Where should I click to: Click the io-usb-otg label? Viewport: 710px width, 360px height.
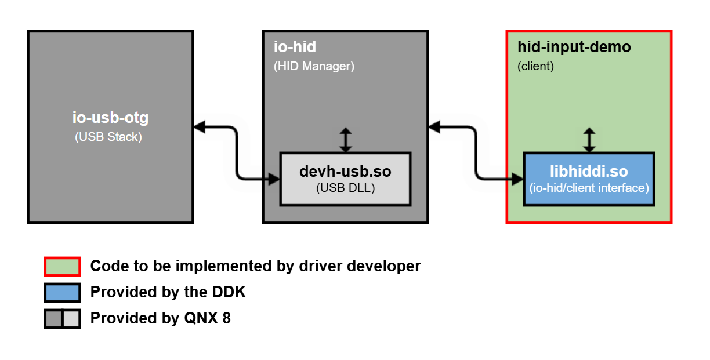(x=110, y=118)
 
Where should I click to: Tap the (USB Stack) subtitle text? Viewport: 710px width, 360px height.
(x=108, y=137)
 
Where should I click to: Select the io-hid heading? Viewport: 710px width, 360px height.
(x=295, y=46)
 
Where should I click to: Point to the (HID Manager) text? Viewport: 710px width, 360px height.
(x=314, y=66)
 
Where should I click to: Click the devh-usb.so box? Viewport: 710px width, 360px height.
(x=345, y=179)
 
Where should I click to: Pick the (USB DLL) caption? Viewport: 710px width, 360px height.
(x=345, y=188)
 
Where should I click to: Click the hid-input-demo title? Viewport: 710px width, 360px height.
(x=574, y=46)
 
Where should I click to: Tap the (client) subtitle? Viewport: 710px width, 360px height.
(x=535, y=66)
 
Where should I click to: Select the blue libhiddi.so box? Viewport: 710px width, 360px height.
(x=589, y=179)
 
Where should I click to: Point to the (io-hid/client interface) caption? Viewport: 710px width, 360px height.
(x=589, y=188)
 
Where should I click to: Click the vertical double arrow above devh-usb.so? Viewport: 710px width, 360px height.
(x=346, y=140)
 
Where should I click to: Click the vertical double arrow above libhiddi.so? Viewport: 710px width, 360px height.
(x=589, y=140)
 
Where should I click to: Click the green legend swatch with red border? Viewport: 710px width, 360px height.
(x=62, y=266)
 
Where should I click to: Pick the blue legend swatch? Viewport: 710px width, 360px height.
(x=62, y=292)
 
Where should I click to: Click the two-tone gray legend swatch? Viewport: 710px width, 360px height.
(x=62, y=318)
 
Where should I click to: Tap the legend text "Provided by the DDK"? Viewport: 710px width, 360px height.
(x=168, y=292)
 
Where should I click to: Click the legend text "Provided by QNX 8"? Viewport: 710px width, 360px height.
(x=160, y=318)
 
